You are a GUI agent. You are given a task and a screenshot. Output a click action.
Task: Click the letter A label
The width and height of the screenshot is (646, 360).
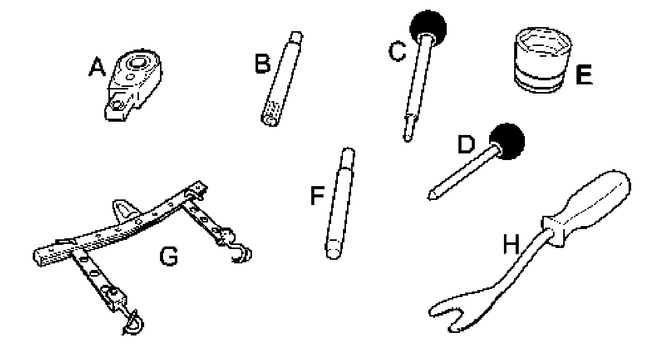(97, 67)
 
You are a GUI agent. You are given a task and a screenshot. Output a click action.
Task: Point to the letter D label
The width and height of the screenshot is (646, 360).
(466, 145)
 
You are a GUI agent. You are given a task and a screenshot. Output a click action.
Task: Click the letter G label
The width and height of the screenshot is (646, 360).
(169, 257)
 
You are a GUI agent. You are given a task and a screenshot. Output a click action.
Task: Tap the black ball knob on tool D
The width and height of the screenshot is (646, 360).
(507, 139)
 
